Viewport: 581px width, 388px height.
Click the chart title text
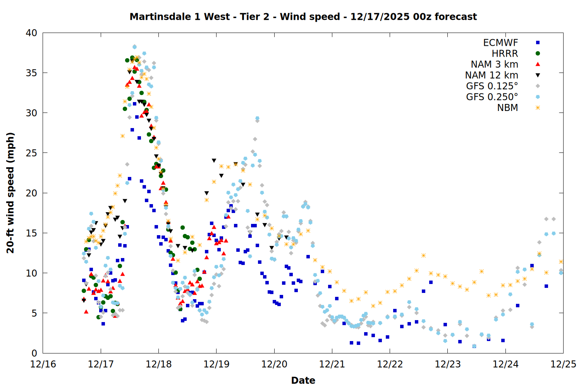click(x=303, y=17)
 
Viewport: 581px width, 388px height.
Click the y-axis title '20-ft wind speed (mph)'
click(x=10, y=193)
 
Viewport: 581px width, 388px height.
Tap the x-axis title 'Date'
click(x=303, y=380)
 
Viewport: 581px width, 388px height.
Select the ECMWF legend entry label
click(x=500, y=43)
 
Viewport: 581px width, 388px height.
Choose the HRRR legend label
click(x=505, y=54)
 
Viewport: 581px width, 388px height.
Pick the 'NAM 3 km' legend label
click(x=494, y=64)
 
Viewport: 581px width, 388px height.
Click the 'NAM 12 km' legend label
click(x=492, y=75)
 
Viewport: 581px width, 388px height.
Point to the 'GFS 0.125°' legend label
click(x=492, y=86)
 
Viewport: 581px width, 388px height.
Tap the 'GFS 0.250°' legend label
click(x=492, y=97)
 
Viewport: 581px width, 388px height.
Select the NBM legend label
click(x=507, y=108)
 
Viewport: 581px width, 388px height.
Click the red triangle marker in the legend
click(x=538, y=64)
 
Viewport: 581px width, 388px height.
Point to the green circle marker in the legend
click(x=538, y=54)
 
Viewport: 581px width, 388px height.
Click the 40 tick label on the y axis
click(x=31, y=33)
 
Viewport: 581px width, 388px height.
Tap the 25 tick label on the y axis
click(x=31, y=153)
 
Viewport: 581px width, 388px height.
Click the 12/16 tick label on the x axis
click(x=43, y=364)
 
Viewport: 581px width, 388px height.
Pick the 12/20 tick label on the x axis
click(x=274, y=364)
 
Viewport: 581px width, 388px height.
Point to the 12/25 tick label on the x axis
click(x=563, y=364)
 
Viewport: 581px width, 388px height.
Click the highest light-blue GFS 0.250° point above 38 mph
click(x=134, y=47)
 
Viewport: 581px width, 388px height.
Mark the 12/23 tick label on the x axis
click(x=448, y=364)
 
